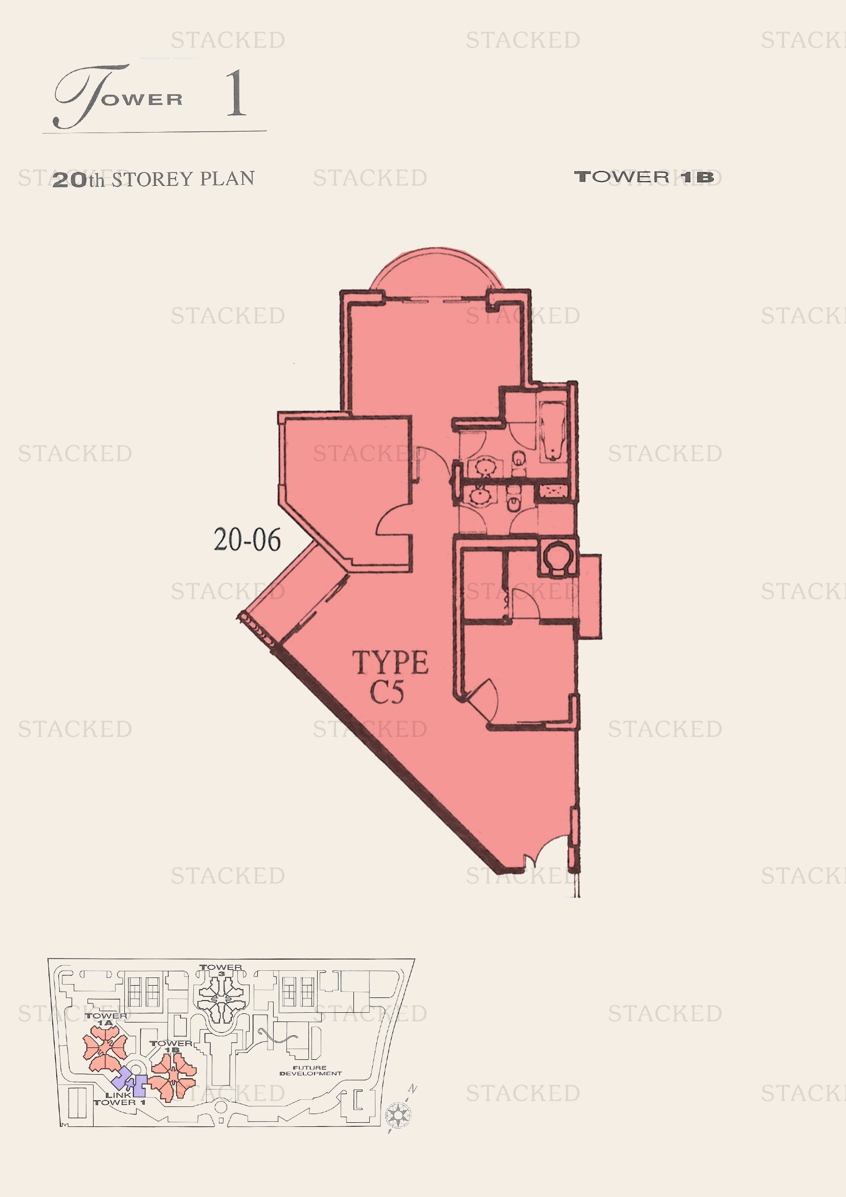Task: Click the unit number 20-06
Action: click(247, 539)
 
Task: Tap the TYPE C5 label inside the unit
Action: click(390, 677)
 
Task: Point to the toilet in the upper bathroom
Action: click(519, 462)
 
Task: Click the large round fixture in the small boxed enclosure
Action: click(558, 557)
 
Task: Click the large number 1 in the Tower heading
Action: click(235, 93)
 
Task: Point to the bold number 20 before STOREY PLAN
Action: click(70, 180)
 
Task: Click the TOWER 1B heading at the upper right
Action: click(644, 177)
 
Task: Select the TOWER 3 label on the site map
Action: click(221, 970)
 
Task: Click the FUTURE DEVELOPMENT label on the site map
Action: click(310, 1070)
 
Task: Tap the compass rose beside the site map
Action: click(398, 1115)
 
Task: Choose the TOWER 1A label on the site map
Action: click(106, 1019)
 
